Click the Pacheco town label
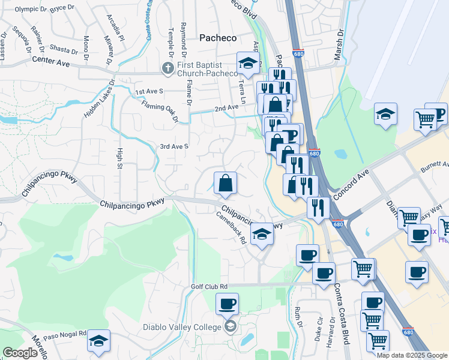(217, 37)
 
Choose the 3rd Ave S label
(174, 146)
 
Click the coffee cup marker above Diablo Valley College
(227, 304)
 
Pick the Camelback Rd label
(231, 229)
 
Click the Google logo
(20, 353)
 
